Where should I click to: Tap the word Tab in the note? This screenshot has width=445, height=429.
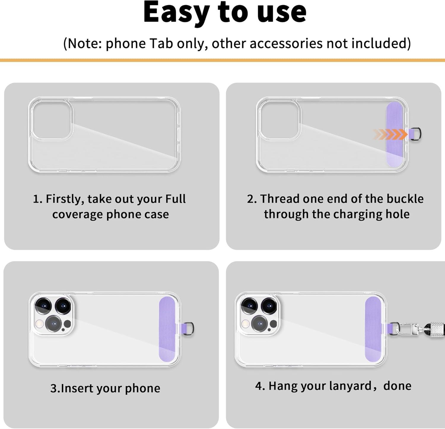coord(161,43)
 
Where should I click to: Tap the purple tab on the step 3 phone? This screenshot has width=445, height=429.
coord(167,329)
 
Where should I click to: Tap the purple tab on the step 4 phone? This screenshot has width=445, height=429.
coord(373,329)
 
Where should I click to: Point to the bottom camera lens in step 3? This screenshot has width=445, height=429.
coord(53,324)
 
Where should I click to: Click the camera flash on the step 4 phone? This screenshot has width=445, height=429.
coord(245,324)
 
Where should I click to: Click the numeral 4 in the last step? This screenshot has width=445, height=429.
coord(258,386)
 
